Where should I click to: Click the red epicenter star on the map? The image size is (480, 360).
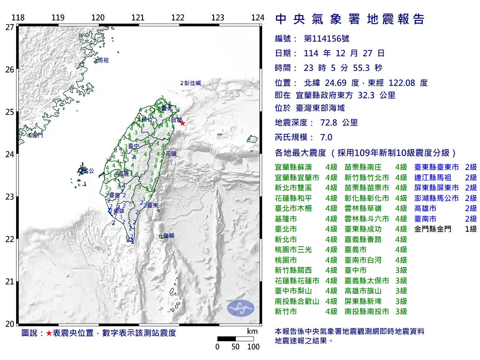[x=182, y=123]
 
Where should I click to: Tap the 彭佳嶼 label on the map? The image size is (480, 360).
[x=192, y=83]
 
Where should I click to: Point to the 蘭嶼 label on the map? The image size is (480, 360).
[x=169, y=236]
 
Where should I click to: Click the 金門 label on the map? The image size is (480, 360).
[x=37, y=135]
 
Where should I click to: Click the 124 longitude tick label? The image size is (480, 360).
[x=258, y=18]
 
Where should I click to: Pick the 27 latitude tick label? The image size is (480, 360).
[x=10, y=27]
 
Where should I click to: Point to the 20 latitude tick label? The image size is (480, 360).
[x=10, y=324]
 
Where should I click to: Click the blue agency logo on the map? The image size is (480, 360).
[x=240, y=308]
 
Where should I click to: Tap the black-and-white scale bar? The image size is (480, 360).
[x=235, y=339]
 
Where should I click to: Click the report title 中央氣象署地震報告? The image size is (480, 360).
[x=350, y=19]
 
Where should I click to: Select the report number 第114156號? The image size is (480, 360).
[x=326, y=39]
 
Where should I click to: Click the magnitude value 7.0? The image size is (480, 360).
[x=326, y=137]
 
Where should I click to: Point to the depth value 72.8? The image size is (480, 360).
[x=328, y=123]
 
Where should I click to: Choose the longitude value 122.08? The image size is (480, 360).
[x=402, y=83]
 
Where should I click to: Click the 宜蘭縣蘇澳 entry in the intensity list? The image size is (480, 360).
[x=293, y=167]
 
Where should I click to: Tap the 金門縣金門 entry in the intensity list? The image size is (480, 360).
[x=433, y=229]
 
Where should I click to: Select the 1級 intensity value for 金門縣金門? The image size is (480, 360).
[x=471, y=229]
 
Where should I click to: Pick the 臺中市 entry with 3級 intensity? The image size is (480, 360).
[x=355, y=270]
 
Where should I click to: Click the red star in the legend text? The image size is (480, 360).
[x=49, y=333]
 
